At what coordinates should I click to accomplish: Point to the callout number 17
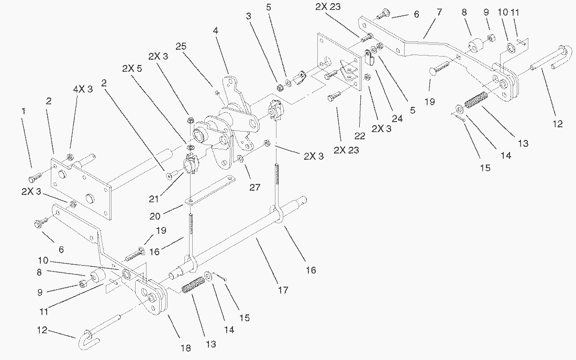click(x=283, y=289)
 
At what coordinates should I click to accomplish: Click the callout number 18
click(x=186, y=348)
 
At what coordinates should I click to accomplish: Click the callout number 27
click(x=255, y=187)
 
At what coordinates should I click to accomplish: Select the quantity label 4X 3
click(x=82, y=89)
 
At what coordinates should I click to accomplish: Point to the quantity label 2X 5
click(x=131, y=68)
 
